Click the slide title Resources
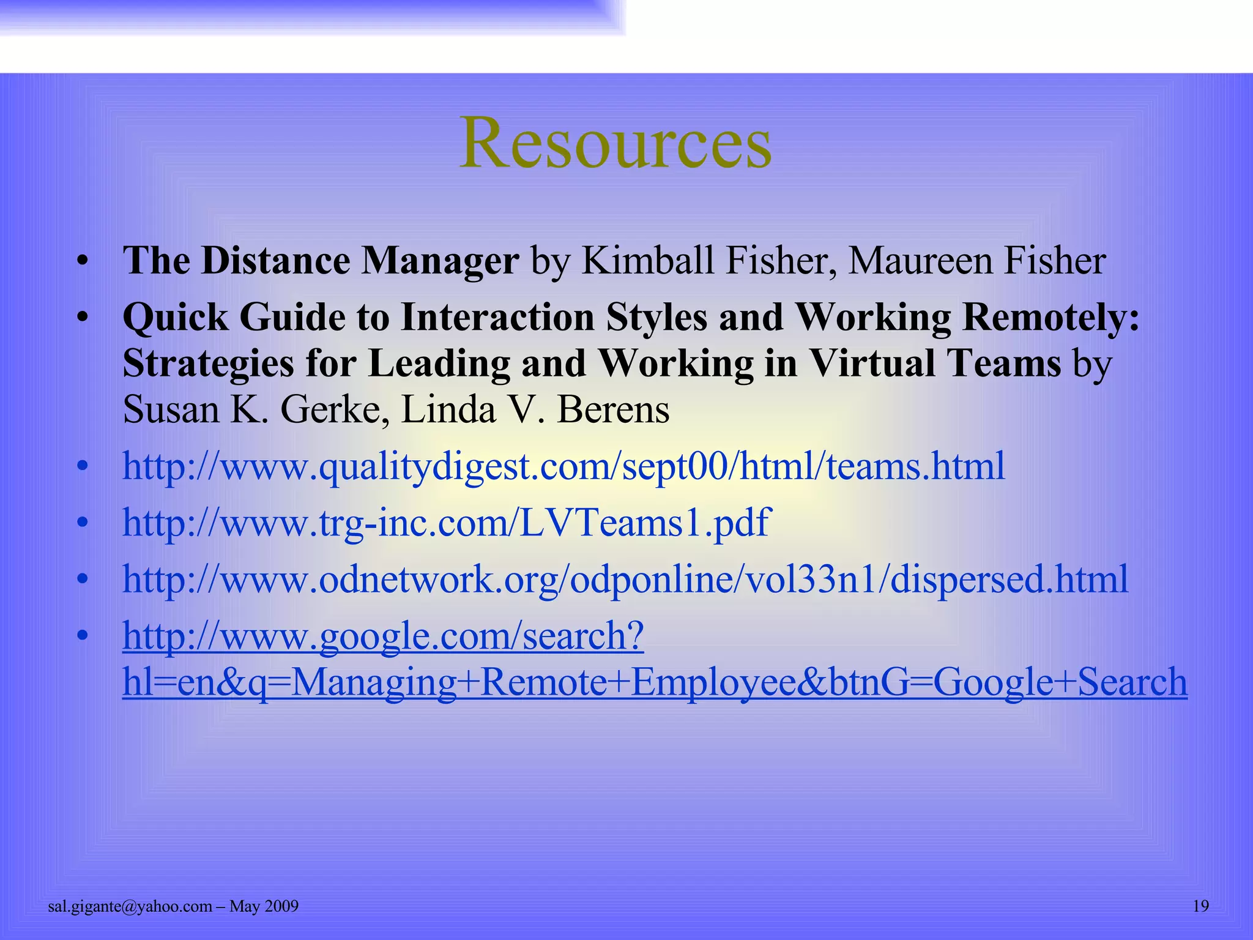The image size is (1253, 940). coord(615,143)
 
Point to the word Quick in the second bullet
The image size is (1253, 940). coord(175,318)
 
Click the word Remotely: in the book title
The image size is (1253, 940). coord(1050,318)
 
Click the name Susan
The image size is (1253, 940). coord(171,410)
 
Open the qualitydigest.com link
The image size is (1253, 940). coord(563,466)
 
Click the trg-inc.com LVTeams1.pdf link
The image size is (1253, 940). coord(446,523)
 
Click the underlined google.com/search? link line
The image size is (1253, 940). coord(383,636)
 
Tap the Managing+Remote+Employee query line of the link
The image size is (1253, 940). coord(655,682)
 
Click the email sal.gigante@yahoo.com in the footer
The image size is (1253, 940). coord(130,906)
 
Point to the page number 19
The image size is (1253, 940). coord(1201,906)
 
